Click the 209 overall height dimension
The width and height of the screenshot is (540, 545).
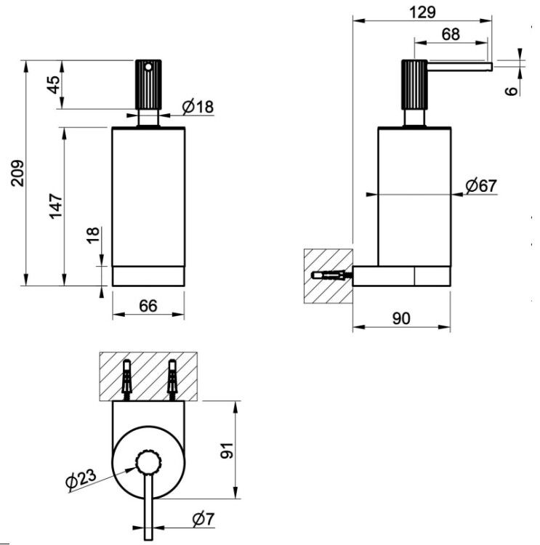point(17,173)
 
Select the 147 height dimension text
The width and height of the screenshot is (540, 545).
point(57,206)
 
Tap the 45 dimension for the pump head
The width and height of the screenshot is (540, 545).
point(54,84)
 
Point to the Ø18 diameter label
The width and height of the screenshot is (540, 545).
point(198,107)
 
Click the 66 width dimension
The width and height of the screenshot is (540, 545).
point(148,306)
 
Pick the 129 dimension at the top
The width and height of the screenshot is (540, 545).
point(422,12)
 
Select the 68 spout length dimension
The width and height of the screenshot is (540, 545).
point(451,34)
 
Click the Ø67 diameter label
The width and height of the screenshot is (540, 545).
point(481,185)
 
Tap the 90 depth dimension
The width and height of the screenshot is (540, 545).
point(401,318)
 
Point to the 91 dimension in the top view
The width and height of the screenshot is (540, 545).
point(227,450)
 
